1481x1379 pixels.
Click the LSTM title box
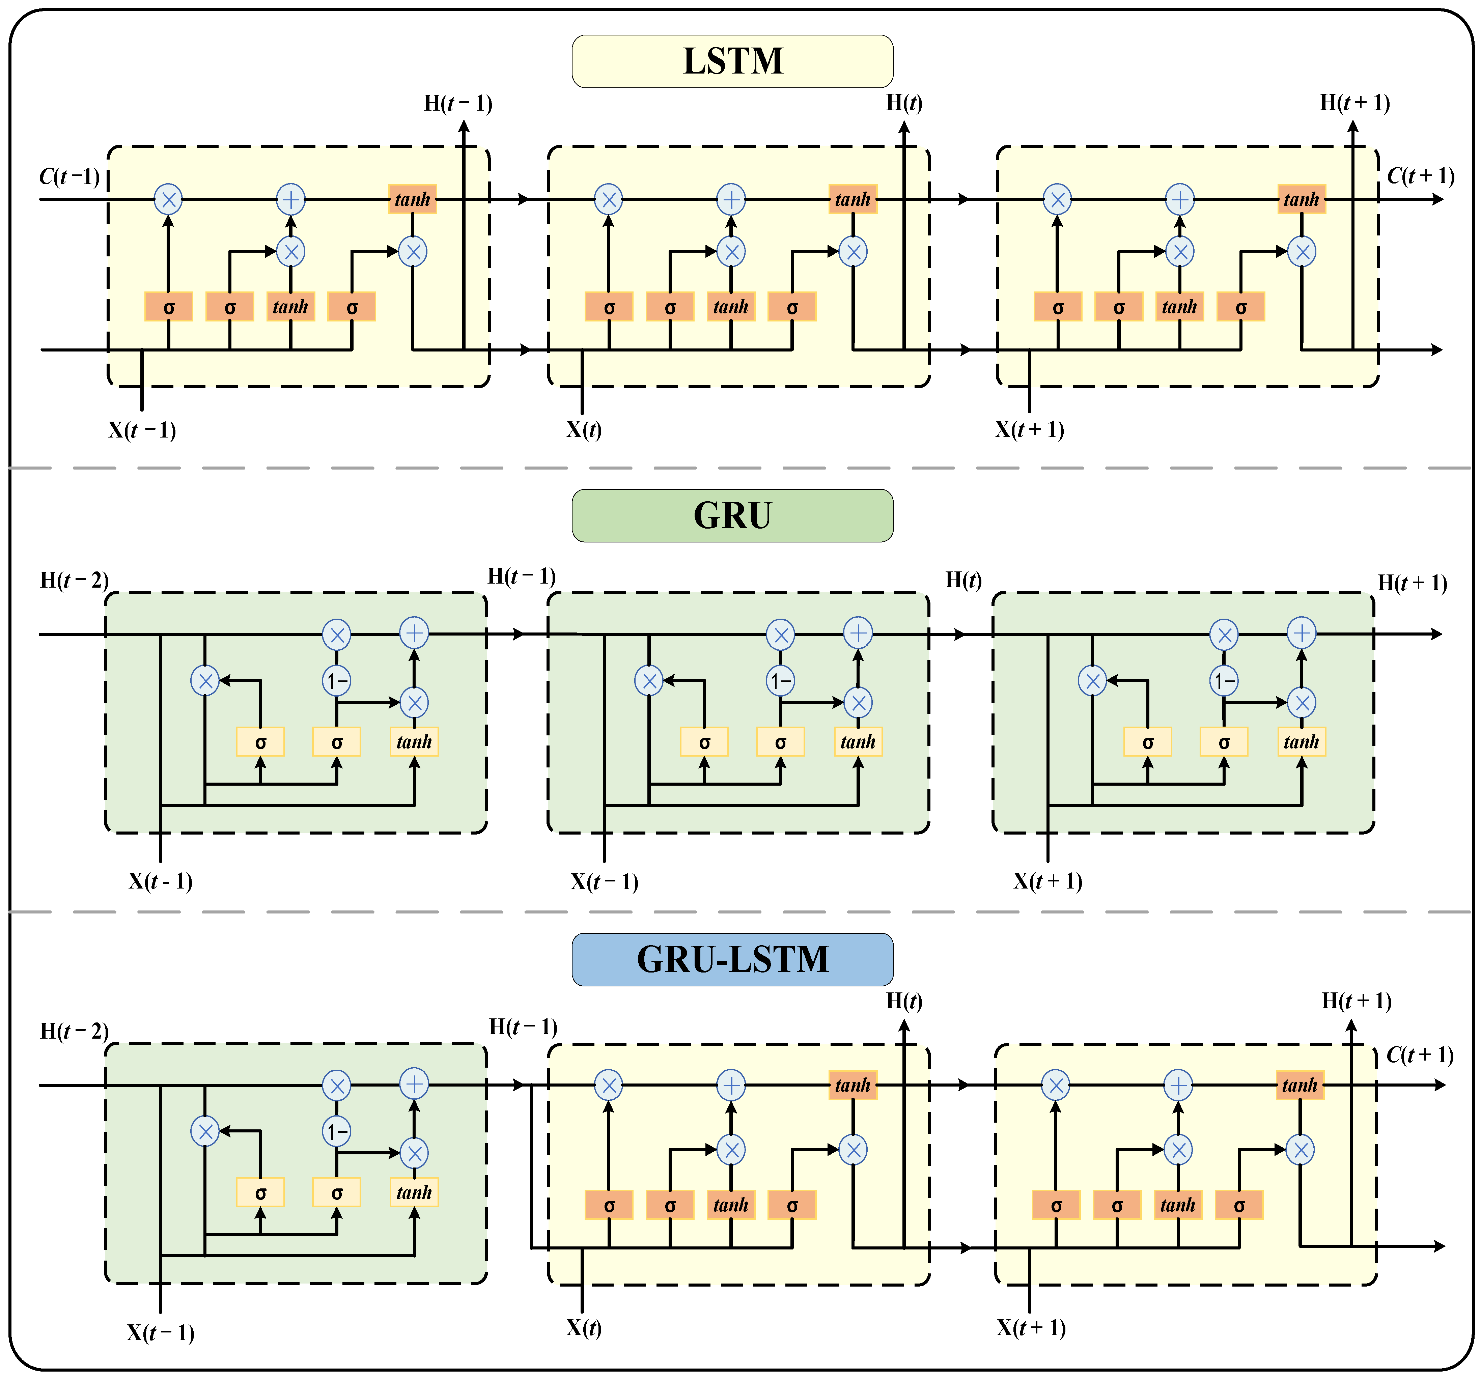tap(732, 61)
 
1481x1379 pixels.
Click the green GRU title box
tap(732, 515)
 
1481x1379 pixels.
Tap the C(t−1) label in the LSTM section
tap(69, 176)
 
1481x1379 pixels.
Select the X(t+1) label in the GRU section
tap(1047, 881)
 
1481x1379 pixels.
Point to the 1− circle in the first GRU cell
tap(337, 680)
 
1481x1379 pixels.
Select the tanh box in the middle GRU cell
tap(858, 742)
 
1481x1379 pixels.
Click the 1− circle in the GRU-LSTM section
tap(337, 1132)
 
